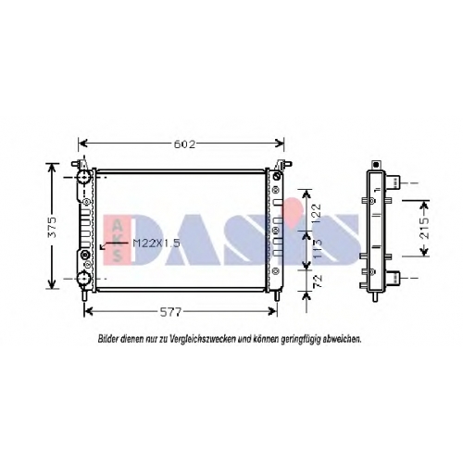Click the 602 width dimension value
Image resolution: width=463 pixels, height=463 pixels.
184,144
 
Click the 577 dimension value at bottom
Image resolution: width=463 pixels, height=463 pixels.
170,312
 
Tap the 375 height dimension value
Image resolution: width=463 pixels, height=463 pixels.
53,227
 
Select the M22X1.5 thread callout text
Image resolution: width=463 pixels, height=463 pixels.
156,244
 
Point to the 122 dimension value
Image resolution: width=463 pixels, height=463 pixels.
317,214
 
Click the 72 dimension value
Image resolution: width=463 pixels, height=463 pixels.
318,282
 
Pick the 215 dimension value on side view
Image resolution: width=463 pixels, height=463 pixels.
425,228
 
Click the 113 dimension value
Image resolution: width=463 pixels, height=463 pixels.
317,249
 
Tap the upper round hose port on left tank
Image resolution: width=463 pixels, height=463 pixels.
83,178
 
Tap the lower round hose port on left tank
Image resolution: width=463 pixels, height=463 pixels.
83,279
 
